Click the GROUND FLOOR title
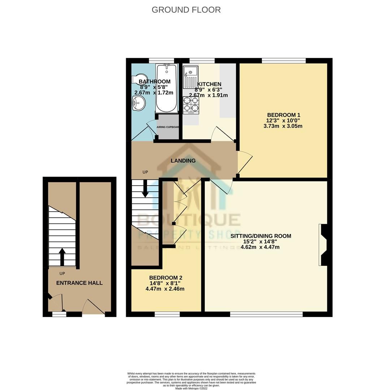click(186, 10)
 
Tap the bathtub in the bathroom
click(166, 88)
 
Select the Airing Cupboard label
click(168, 127)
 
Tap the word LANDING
click(183, 161)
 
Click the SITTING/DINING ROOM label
click(261, 236)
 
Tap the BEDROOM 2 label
click(166, 278)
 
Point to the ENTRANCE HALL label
click(79, 283)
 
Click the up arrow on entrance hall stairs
click(62, 257)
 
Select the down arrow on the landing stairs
click(145, 188)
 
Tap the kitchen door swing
click(222, 134)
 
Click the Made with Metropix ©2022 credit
click(191, 388)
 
